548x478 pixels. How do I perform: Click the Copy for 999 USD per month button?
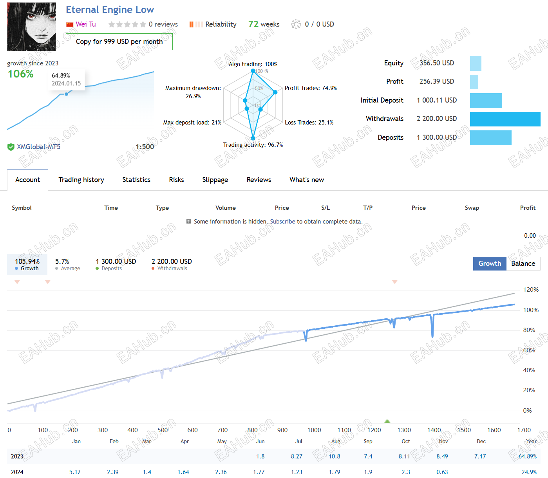coord(119,41)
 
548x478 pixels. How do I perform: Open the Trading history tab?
coord(81,180)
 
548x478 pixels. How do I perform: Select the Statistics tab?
coord(136,180)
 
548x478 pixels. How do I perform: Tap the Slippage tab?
coord(215,180)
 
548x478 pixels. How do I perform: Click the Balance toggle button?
coord(523,263)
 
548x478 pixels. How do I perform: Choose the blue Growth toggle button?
coord(490,263)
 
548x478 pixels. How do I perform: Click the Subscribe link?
coord(282,222)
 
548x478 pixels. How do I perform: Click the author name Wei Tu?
coord(85,24)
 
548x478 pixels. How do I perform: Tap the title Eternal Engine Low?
coord(110,10)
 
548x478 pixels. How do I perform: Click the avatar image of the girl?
coord(31,27)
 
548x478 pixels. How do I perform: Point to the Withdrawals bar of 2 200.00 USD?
coord(505,119)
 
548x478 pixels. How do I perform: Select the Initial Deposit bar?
coord(486,101)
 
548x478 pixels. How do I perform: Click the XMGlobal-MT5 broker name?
coord(38,147)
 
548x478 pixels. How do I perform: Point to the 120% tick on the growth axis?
coord(531,290)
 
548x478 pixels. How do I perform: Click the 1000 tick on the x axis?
coord(314,430)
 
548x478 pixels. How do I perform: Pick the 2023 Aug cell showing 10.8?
coord(335,456)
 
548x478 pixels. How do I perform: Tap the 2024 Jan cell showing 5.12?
coord(75,472)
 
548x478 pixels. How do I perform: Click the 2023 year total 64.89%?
coord(527,456)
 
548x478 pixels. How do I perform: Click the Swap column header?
coord(472,208)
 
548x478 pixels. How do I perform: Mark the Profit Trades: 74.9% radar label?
coord(311,88)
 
